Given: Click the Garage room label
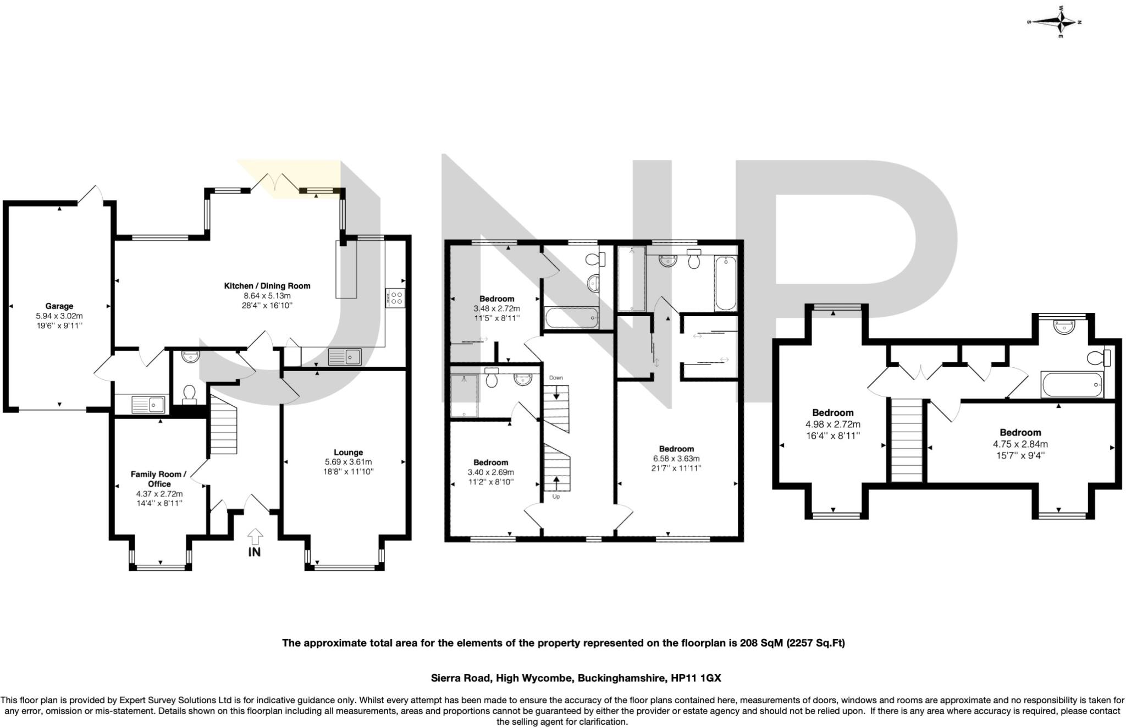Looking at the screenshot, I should [59, 306].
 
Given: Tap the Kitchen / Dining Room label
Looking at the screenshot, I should [267, 286].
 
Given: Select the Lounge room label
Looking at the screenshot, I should [348, 453].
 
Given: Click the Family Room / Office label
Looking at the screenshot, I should [158, 479].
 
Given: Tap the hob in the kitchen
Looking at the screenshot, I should [396, 298].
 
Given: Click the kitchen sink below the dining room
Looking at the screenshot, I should [344, 357].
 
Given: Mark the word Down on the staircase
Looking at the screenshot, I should [556, 378].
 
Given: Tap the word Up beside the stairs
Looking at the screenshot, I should [556, 497].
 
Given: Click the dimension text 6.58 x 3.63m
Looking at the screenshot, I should [676, 459].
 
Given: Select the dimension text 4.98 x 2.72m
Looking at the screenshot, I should [832, 424].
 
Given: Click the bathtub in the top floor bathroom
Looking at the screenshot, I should [1072, 384].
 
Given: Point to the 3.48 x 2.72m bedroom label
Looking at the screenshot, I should [496, 299].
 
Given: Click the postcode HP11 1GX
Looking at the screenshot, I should [696, 678].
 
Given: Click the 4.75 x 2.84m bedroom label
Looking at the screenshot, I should [1020, 433].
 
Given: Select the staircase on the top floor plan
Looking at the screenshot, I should [906, 440].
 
